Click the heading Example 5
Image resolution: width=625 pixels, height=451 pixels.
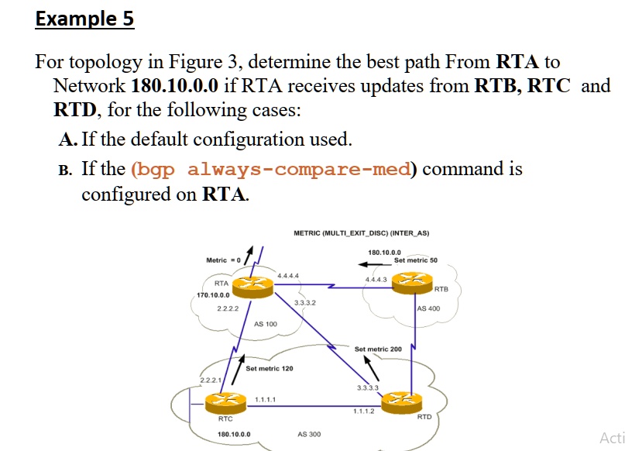point(84,17)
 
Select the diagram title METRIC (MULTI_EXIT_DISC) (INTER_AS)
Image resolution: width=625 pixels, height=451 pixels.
point(361,232)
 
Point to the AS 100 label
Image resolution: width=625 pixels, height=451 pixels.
point(266,323)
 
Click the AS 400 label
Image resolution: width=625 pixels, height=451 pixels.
point(428,308)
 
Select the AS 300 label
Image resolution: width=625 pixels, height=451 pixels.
point(309,435)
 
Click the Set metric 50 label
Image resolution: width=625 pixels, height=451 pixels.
point(415,260)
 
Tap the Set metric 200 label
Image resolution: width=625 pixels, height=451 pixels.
point(378,349)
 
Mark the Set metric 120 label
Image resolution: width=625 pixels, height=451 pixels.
point(269,368)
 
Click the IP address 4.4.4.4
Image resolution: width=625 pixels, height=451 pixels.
point(288,275)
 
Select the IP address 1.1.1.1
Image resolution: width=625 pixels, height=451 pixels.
point(266,399)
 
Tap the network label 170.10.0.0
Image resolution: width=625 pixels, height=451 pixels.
point(212,295)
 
